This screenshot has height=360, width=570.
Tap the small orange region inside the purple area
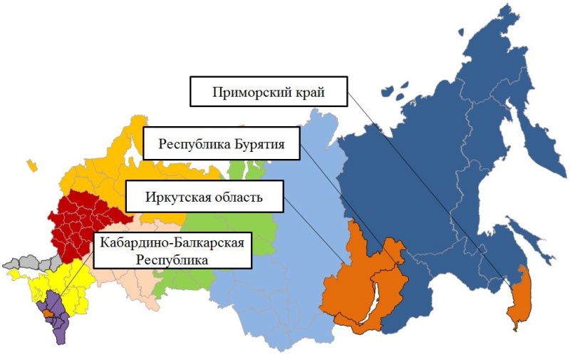[46, 313]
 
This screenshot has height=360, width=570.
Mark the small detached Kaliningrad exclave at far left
[31, 165]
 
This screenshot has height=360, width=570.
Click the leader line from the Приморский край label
[427, 192]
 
